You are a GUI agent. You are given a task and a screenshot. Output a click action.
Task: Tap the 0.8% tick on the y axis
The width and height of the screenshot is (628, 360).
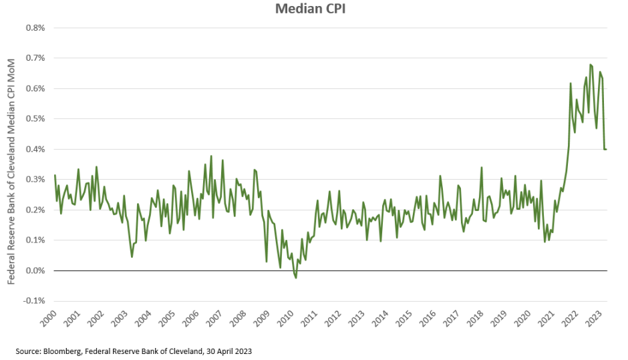point(35,28)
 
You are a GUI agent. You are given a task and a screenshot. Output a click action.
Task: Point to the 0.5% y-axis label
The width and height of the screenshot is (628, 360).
point(35,119)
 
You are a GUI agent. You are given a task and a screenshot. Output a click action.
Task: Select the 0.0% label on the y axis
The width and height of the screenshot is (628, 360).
point(35,271)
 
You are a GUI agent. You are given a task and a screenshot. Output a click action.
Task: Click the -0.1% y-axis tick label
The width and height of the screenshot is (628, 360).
point(34,301)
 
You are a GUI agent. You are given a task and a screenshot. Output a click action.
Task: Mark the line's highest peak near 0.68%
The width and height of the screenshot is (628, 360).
point(591,65)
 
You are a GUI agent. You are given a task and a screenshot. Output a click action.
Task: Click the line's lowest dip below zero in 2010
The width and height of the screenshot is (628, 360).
point(295,277)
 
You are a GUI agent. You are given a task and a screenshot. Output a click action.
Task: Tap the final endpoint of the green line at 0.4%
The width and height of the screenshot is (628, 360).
point(606,149)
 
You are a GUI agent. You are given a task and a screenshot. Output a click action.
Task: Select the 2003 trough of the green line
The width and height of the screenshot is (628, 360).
point(132,256)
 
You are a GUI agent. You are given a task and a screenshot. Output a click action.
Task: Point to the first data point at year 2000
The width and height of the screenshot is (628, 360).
point(54,176)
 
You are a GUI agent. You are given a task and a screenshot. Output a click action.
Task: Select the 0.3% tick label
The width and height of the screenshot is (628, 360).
point(35,180)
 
